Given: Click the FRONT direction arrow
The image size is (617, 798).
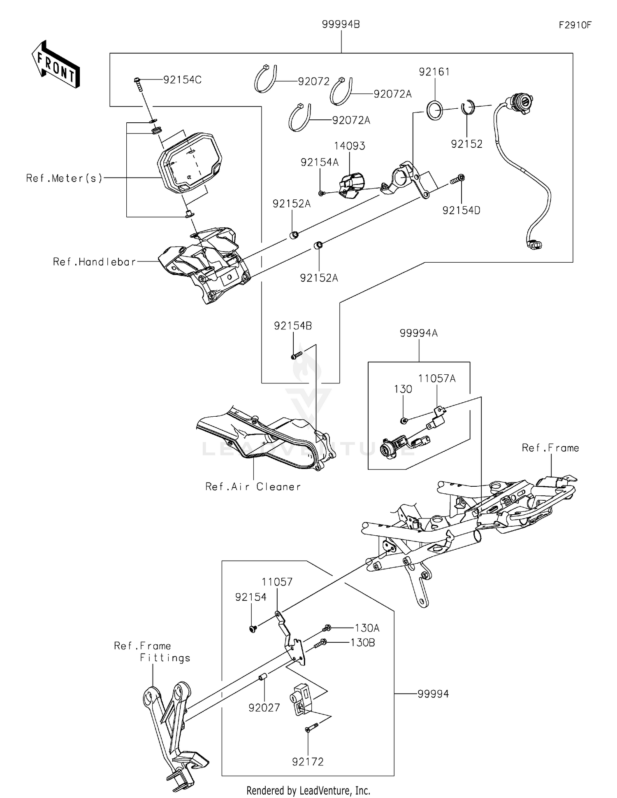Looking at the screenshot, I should [56, 65].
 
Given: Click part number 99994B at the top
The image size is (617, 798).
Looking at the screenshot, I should [341, 25].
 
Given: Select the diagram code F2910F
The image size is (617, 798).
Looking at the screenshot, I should [575, 25].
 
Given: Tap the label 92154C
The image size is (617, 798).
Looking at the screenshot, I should [182, 80].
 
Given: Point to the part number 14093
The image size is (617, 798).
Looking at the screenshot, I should [349, 146].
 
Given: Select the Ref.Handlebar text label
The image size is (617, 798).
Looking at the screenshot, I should [94, 262].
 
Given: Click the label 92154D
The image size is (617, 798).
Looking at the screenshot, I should [461, 210].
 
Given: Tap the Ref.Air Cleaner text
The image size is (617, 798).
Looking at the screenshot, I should [253, 487].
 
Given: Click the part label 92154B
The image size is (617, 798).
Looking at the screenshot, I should [293, 326].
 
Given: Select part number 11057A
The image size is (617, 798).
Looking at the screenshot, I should [437, 378].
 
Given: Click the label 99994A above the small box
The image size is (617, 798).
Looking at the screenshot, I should [418, 333].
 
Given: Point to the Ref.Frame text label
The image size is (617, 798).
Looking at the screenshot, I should [550, 448].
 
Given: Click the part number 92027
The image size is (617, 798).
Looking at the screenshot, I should [264, 708].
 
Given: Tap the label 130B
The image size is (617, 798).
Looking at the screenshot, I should [362, 643].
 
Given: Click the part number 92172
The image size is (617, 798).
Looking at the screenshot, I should [308, 762].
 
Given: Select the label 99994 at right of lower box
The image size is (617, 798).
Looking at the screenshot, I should [433, 694].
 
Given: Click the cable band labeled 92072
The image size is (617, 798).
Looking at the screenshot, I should [265, 79].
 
